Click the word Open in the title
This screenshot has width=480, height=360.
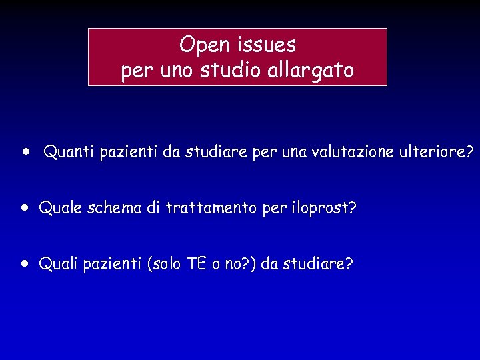pos(204,45)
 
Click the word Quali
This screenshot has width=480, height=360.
pos(59,264)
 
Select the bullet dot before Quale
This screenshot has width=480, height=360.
pos(24,207)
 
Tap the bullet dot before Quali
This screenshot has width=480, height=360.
pos(24,263)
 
